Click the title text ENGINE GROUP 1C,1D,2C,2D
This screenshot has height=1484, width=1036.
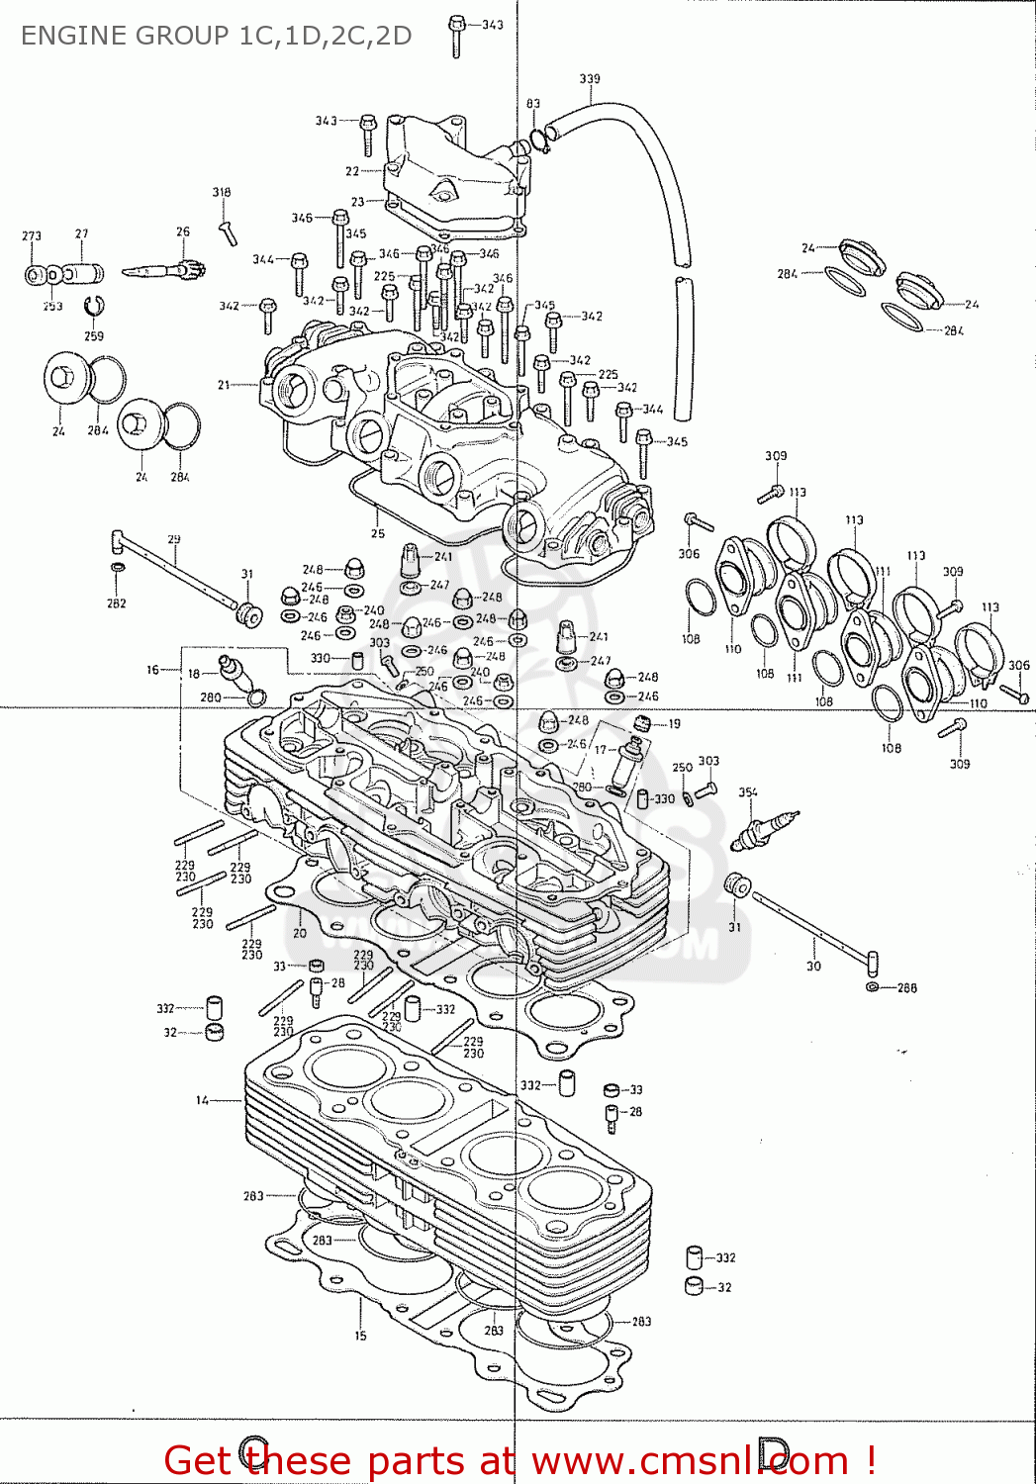click(x=216, y=36)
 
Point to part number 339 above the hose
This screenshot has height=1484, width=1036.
click(x=590, y=79)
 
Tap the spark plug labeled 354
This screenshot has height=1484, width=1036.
click(x=763, y=829)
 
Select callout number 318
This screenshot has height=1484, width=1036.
click(x=222, y=193)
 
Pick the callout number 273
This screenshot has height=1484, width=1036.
click(x=32, y=236)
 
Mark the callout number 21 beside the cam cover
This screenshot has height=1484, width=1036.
click(x=224, y=385)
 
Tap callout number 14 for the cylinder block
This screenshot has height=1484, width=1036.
click(x=202, y=1100)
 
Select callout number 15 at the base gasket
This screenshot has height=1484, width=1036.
click(x=360, y=1336)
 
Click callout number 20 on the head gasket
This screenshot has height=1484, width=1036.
click(x=300, y=933)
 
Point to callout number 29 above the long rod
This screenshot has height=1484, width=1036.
click(x=174, y=540)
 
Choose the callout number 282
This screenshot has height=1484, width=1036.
click(x=117, y=603)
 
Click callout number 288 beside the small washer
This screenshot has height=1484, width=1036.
click(x=906, y=987)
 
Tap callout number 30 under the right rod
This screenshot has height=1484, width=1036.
click(x=813, y=967)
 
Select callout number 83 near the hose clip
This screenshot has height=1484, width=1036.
click(x=533, y=104)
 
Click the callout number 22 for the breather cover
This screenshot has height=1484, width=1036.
click(x=352, y=171)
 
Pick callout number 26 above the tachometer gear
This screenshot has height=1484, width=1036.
click(x=183, y=232)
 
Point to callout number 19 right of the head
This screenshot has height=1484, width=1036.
click(x=674, y=724)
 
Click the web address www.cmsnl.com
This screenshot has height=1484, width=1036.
click(x=690, y=1460)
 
